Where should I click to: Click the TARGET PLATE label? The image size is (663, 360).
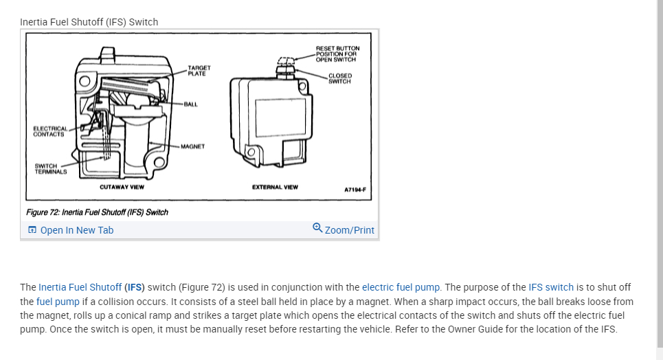(x=199, y=71)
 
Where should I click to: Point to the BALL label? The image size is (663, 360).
(x=190, y=104)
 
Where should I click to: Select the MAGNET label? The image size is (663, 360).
(x=193, y=146)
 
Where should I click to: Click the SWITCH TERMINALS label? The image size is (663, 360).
(x=51, y=168)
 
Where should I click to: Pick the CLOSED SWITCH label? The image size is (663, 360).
(x=339, y=78)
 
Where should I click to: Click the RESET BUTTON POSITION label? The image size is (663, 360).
(x=337, y=54)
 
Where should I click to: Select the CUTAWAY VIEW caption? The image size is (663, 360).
(x=122, y=187)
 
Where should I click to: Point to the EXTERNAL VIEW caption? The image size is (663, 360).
(x=275, y=187)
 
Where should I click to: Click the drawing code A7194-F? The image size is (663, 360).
(x=355, y=189)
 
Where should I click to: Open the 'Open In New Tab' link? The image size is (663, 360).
(x=76, y=230)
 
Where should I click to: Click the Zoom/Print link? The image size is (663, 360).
(x=349, y=230)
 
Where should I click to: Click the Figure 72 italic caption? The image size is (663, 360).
(x=97, y=212)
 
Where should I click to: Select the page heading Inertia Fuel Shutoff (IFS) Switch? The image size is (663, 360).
(x=89, y=22)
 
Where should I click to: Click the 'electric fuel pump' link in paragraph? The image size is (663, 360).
(x=401, y=287)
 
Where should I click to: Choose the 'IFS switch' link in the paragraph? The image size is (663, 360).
(x=550, y=287)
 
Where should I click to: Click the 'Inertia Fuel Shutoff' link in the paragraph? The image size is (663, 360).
(x=80, y=287)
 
